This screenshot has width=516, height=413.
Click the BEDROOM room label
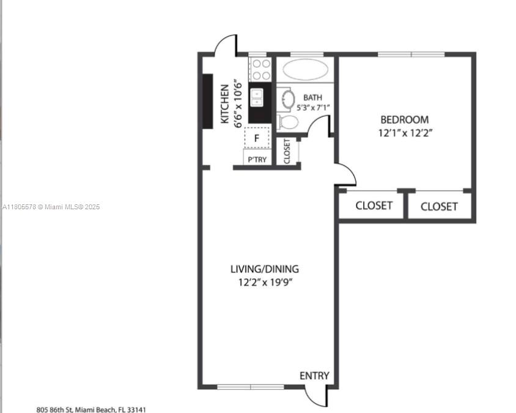pos(405,119)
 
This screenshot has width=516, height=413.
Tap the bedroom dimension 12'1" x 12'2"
pos(405,133)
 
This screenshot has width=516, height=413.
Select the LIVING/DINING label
pos(265,269)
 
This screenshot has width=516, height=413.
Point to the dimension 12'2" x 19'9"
pos(265,283)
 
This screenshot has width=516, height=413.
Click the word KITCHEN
pos(225,104)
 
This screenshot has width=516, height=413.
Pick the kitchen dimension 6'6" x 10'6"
pos(238,103)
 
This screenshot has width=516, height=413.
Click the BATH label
pos(312,97)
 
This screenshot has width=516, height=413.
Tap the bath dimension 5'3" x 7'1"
pos(313,107)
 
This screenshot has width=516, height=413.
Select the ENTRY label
pos(314,376)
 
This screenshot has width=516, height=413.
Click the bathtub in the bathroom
pos(306,70)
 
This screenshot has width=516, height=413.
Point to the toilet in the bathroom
pos(288,122)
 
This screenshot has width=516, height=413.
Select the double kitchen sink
pos(257,98)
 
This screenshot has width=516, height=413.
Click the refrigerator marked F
pos(257,138)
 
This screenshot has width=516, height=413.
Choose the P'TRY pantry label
pos(257,160)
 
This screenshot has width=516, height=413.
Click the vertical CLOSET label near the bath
pos(287,151)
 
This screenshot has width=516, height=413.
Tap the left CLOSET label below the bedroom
pos(374,206)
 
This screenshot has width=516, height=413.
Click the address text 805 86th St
pos(54,410)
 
